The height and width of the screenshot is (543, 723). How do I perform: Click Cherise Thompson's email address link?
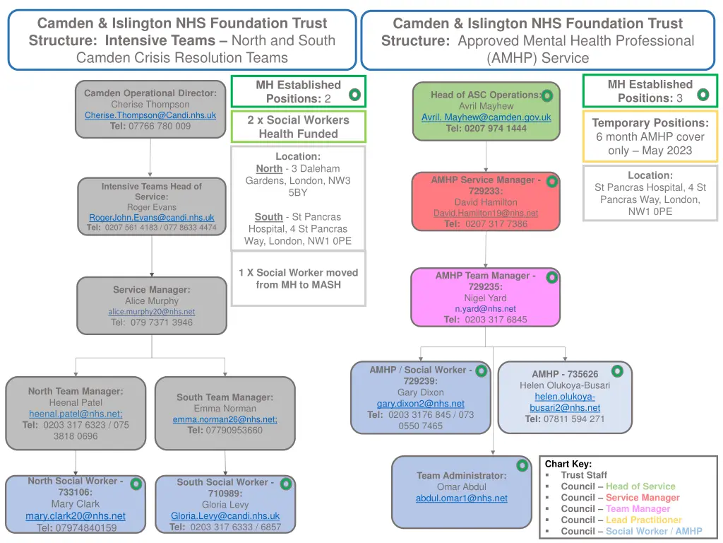(x=150, y=115)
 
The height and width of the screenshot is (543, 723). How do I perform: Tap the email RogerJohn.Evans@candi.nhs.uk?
(x=151, y=218)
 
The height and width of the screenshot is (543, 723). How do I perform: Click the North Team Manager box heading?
(x=76, y=391)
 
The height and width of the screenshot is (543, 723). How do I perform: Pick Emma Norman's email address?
(x=225, y=419)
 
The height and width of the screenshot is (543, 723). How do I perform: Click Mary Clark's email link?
(x=76, y=516)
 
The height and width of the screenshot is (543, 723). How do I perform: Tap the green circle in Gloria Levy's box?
(x=287, y=484)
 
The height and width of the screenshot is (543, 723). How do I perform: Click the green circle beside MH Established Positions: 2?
(x=354, y=94)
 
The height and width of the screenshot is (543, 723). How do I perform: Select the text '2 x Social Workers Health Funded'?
(x=298, y=127)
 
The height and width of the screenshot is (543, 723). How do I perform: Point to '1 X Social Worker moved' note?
(x=298, y=272)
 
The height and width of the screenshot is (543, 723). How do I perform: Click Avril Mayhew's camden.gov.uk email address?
(x=486, y=117)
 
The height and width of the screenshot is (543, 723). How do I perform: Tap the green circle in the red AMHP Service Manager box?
(x=551, y=182)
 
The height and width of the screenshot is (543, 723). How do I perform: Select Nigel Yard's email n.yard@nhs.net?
(x=485, y=309)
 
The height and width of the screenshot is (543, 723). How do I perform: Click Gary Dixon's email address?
(x=421, y=404)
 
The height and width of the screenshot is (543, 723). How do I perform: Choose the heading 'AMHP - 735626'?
(x=565, y=374)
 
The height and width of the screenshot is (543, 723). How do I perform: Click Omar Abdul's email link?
(x=461, y=498)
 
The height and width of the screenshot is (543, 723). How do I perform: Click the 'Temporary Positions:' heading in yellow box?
(x=650, y=123)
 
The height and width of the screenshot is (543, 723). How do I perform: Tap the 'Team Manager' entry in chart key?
(x=638, y=508)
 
